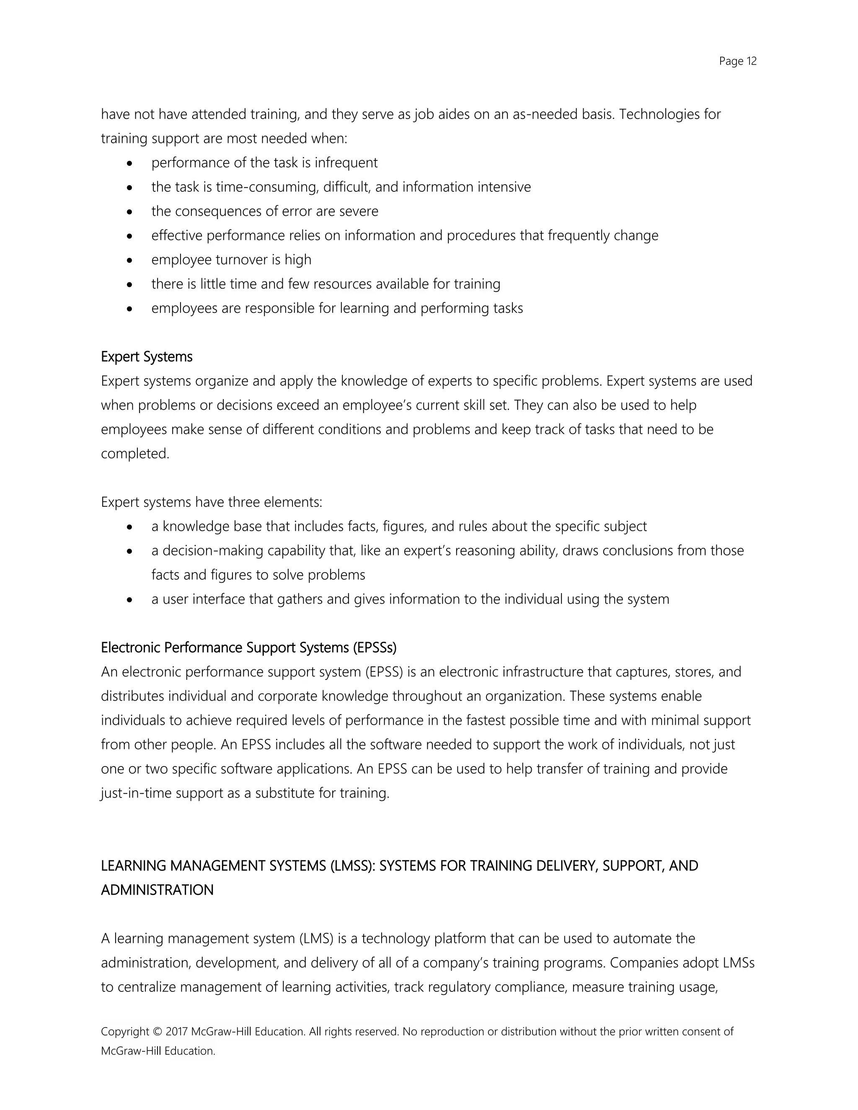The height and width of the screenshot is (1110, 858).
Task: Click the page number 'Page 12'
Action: click(x=737, y=62)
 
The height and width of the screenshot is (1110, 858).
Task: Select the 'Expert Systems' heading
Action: click(x=146, y=357)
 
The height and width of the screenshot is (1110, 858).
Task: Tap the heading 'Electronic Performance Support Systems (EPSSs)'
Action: click(x=248, y=648)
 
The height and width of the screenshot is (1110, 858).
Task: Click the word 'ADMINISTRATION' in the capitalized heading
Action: click(x=157, y=891)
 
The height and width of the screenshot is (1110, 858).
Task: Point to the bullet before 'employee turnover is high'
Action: click(x=130, y=260)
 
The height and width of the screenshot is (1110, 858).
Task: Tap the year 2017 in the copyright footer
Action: click(x=176, y=1031)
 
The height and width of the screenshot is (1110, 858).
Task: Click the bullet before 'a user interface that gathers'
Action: click(x=130, y=600)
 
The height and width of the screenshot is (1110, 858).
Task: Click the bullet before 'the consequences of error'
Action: click(x=130, y=212)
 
